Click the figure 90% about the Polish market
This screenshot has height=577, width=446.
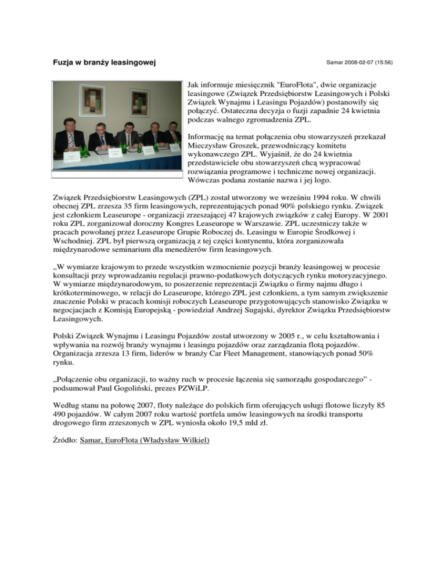pyautogui.click(x=314, y=209)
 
